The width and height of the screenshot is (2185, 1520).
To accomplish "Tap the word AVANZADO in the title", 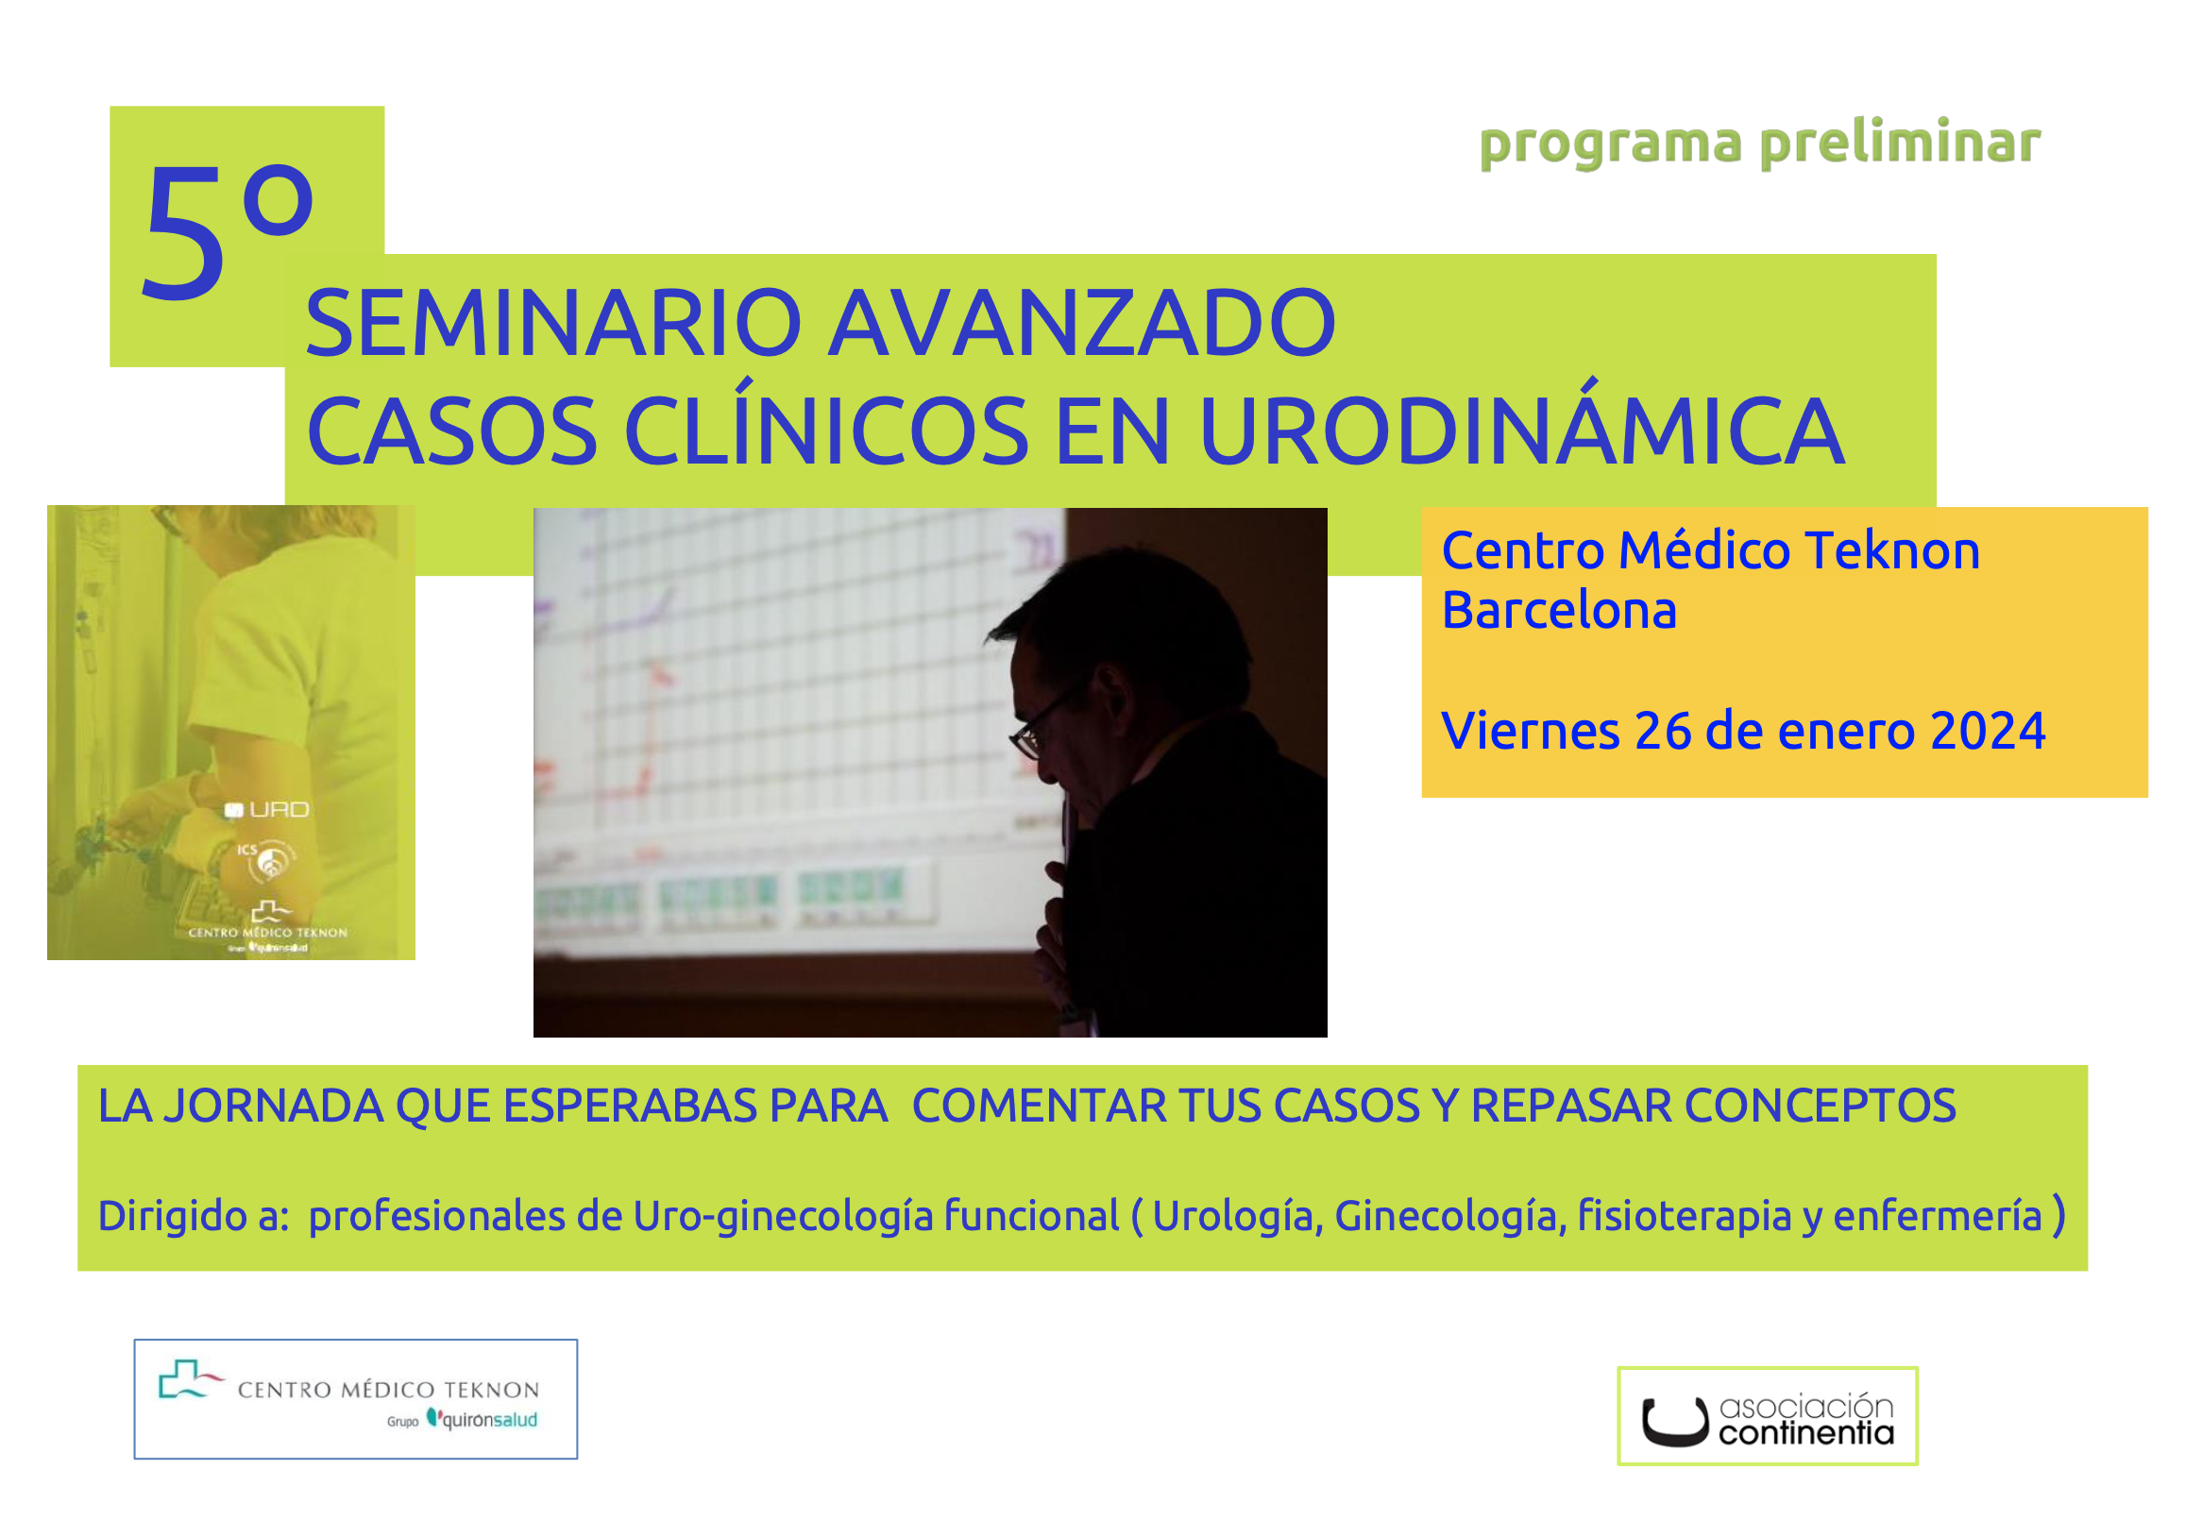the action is pos(1082,324).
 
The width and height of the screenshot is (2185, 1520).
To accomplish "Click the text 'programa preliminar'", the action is pos(1758,144).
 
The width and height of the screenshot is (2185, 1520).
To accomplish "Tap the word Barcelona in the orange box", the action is pos(1558,610).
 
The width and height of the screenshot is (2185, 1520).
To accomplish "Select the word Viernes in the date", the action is pos(1531,731).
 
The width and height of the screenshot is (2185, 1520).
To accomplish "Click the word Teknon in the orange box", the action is pos(1892,551).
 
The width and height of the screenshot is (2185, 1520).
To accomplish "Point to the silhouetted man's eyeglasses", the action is pos(1043,721).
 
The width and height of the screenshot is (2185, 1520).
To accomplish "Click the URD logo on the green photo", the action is pos(266,810).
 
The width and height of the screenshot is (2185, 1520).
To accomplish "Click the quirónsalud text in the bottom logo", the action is pos(489,1420).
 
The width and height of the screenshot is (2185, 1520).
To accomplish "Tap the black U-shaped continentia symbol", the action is pos(1675,1423).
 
